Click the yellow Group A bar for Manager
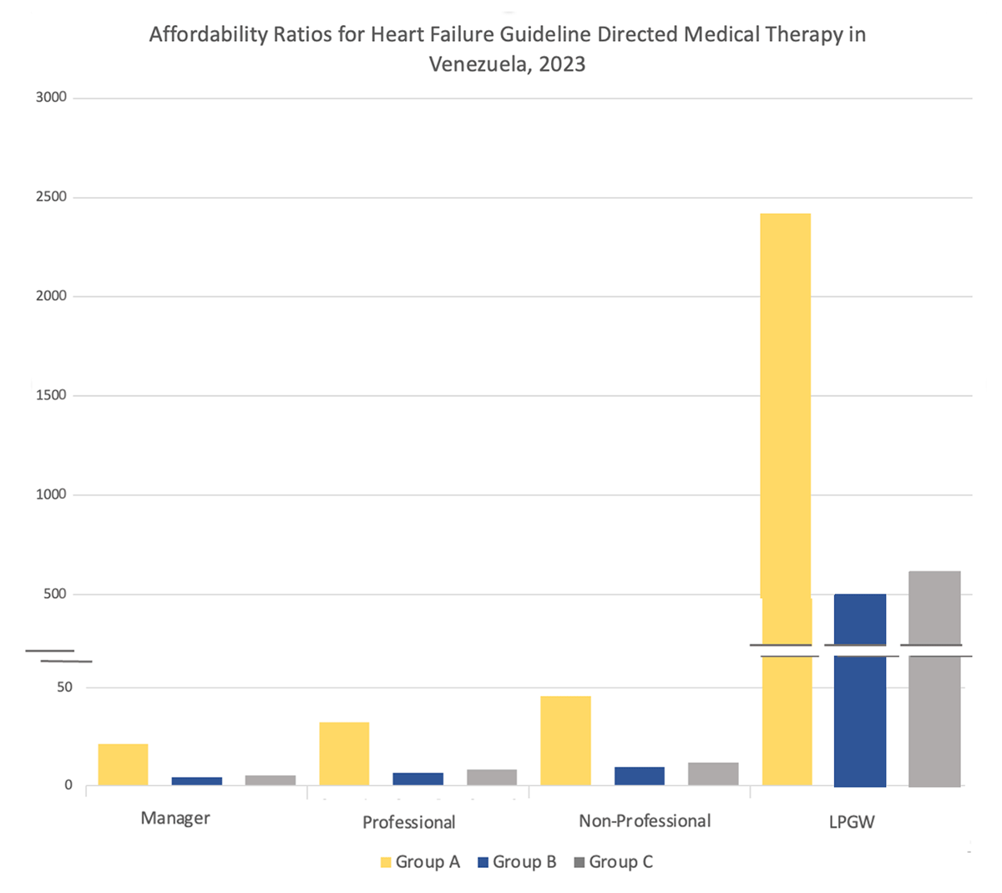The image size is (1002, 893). (x=123, y=764)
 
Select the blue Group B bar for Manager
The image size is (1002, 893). (x=197, y=781)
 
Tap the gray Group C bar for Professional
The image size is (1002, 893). (x=492, y=777)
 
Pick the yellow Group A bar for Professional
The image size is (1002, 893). (x=344, y=753)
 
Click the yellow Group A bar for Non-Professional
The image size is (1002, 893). (x=565, y=741)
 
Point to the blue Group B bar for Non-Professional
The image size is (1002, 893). (x=640, y=776)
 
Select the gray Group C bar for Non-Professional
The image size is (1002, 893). (x=713, y=774)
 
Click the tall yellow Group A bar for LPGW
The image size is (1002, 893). (x=786, y=418)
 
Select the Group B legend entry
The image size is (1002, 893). (x=517, y=862)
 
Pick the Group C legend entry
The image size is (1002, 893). (x=614, y=862)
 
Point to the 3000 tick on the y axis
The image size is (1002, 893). (x=51, y=98)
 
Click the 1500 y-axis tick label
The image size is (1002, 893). (x=51, y=395)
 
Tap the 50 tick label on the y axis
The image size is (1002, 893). (x=64, y=688)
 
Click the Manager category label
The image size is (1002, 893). (x=175, y=818)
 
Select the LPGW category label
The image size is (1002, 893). (x=852, y=822)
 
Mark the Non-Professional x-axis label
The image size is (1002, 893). (x=645, y=821)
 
